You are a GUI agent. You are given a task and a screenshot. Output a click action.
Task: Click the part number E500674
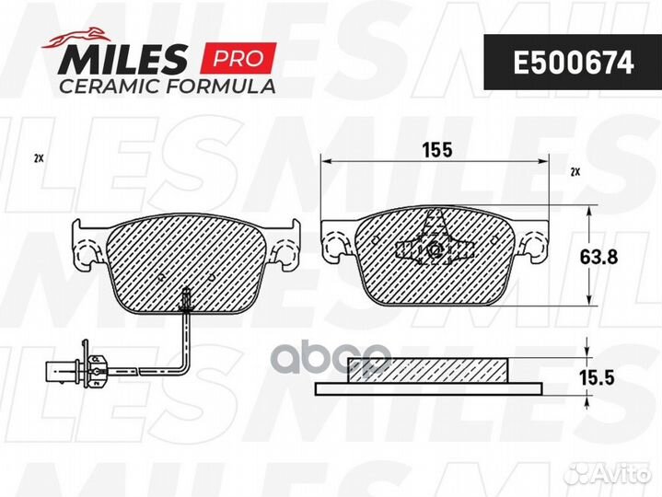pyautogui.click(x=573, y=63)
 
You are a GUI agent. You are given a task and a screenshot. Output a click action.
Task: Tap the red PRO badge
pyautogui.click(x=238, y=58)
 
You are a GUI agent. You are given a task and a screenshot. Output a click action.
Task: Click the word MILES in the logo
pyautogui.click(x=122, y=60)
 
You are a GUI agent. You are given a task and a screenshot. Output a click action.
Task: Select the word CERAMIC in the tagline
pyautogui.click(x=110, y=87)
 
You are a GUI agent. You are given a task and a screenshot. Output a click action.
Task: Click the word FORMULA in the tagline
pyautogui.click(x=220, y=87)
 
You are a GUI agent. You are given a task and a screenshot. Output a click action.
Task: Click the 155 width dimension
pyautogui.click(x=437, y=150)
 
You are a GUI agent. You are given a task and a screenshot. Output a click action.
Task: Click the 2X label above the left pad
pyautogui.click(x=39, y=159)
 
